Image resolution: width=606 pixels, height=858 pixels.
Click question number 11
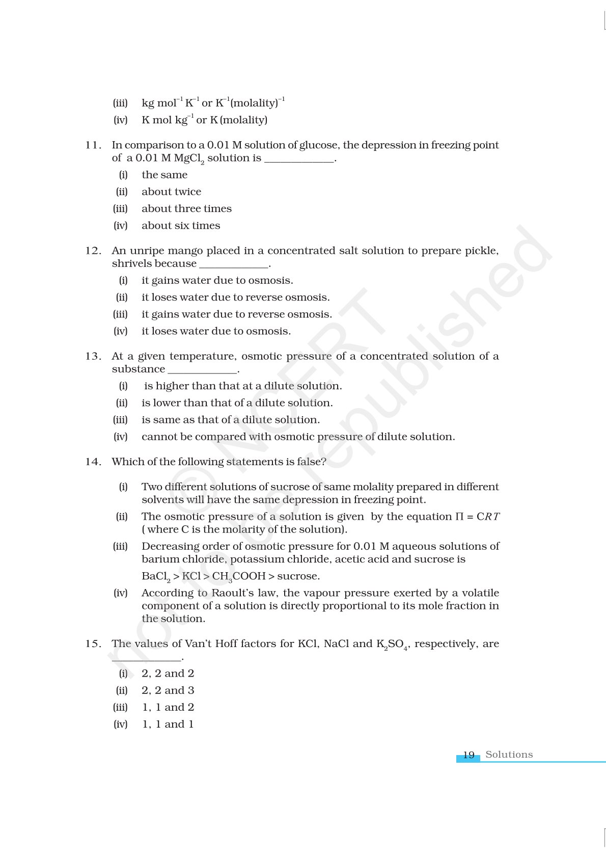point(93,145)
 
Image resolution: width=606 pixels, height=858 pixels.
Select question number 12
point(93,251)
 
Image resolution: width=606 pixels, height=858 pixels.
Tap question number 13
point(93,356)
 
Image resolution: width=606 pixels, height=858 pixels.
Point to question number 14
point(93,462)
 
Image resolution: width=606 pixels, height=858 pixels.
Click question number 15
point(93,643)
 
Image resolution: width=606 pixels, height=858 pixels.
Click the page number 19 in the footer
point(469,755)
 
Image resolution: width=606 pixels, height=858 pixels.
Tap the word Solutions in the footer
point(509,755)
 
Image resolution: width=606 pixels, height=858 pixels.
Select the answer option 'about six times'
point(181,225)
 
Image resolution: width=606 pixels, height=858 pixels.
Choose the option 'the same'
point(164,175)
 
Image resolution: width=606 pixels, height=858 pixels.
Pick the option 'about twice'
point(171,192)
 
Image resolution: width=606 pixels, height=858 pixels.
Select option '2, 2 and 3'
point(168,690)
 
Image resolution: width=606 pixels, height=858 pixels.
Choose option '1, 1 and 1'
point(168,724)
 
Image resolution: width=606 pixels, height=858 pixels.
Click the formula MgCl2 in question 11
point(189,158)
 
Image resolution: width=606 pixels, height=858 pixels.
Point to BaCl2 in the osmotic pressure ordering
point(156,577)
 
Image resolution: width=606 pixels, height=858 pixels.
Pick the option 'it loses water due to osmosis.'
point(216,331)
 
